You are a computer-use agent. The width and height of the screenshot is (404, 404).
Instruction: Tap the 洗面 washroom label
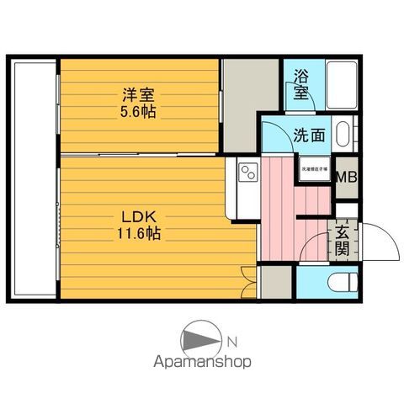(x=310, y=134)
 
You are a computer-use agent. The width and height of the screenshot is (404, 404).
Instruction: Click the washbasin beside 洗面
(x=343, y=135)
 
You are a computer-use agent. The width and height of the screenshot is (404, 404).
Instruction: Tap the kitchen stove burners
(x=249, y=173)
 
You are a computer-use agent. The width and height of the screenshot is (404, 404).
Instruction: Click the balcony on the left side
(x=32, y=178)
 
